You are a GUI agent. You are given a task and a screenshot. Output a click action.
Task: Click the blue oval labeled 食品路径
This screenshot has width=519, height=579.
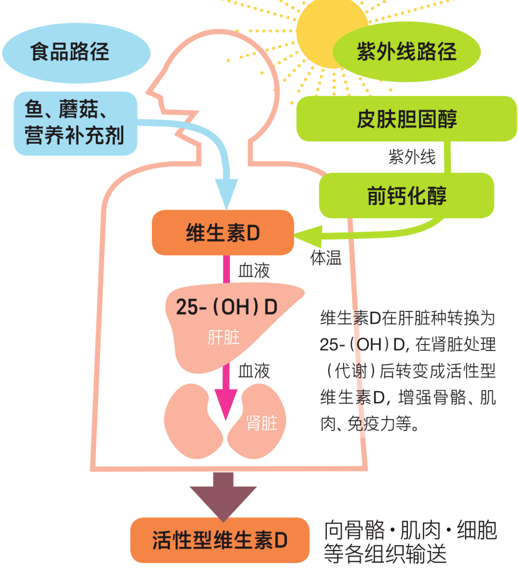coord(76,52)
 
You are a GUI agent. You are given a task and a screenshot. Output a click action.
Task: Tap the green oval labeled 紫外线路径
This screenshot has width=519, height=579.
coord(406,52)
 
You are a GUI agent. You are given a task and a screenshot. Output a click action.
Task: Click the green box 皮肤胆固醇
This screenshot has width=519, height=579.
coord(406,119)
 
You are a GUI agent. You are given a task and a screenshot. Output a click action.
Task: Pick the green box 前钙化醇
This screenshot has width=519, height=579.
coord(406,196)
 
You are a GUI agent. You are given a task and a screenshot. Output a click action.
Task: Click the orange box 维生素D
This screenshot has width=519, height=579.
coord(222,233)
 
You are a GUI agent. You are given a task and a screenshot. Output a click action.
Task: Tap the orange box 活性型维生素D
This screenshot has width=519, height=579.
coord(220,540)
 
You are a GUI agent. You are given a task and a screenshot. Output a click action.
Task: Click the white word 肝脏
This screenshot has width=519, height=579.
coord(223,337)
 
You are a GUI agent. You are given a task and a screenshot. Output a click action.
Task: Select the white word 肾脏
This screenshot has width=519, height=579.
coord(262,423)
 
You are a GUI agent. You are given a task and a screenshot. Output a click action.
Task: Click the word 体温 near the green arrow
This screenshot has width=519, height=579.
coord(326,258)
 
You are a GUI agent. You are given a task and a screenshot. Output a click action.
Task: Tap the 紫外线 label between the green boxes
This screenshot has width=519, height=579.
coord(412,157)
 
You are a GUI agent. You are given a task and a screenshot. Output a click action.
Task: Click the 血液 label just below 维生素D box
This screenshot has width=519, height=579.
coord(254,271)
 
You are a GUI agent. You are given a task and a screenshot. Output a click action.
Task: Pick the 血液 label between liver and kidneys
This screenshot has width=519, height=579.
coord(254,371)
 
